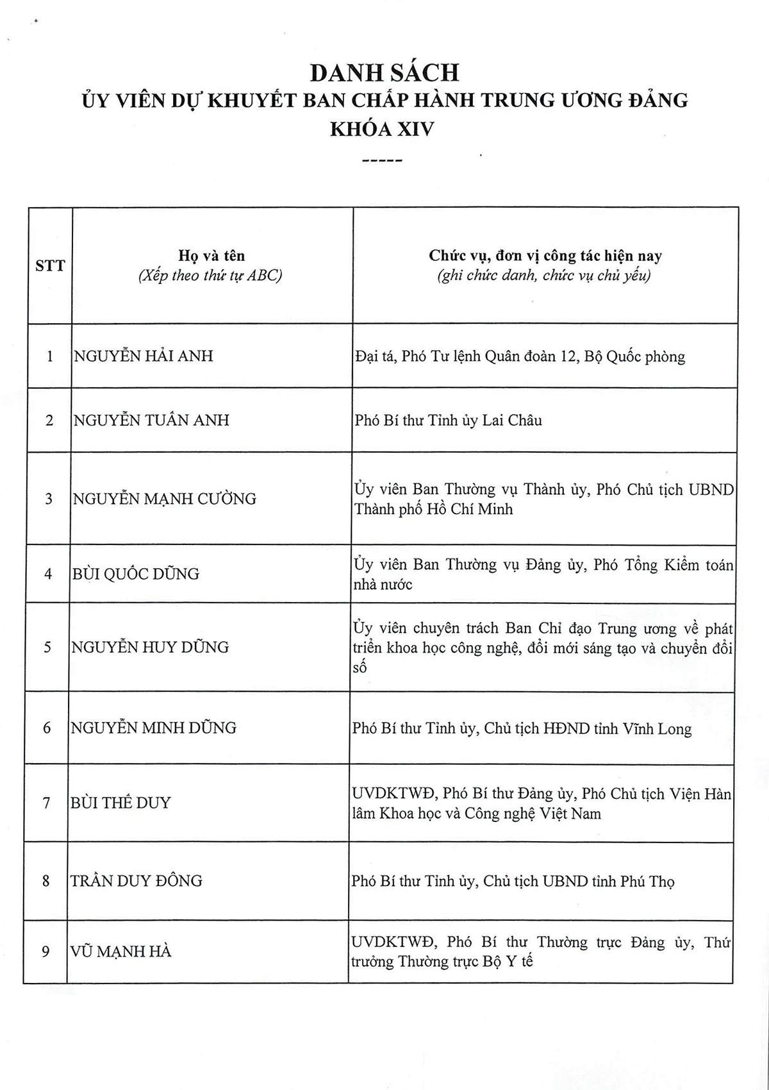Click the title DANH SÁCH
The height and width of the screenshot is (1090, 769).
384,72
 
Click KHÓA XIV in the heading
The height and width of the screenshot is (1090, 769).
382,130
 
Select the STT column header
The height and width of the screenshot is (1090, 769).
50,265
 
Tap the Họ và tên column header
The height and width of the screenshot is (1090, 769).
211,256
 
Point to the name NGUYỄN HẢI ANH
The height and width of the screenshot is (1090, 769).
144,356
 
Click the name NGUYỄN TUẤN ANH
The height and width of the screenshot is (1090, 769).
151,421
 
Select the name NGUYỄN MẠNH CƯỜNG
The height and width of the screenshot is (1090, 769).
164,499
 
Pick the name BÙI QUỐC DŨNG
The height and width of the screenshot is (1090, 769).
135,574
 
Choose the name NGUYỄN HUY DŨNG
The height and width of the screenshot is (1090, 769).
150,647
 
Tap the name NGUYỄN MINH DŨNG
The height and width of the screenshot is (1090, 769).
153,728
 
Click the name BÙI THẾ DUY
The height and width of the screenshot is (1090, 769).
120,803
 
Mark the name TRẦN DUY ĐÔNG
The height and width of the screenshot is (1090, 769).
136,881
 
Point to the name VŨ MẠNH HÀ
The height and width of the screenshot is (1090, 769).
120,952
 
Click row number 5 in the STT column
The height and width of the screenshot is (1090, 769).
47,647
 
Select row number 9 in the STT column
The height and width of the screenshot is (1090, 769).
45,952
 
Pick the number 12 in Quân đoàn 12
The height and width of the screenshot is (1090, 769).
568,356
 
